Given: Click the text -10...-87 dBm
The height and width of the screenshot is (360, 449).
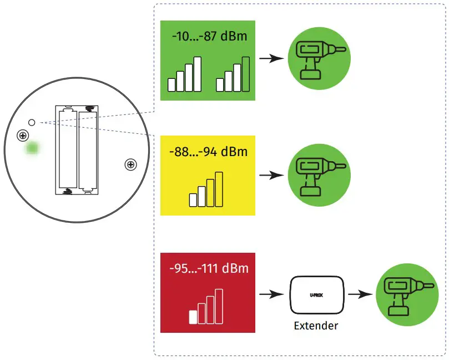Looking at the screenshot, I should pyautogui.click(x=209, y=37).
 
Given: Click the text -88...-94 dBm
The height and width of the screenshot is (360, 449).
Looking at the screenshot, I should pyautogui.click(x=208, y=151).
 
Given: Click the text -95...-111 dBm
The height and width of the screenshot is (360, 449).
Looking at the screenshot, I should pyautogui.click(x=209, y=269).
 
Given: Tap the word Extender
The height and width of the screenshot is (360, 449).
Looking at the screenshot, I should pyautogui.click(x=316, y=326).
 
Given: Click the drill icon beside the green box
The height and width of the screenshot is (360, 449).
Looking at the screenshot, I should pyautogui.click(x=319, y=61).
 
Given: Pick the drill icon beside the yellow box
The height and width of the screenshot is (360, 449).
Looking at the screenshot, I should pyautogui.click(x=319, y=175).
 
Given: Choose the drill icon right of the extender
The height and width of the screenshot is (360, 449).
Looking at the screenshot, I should pyautogui.click(x=407, y=294).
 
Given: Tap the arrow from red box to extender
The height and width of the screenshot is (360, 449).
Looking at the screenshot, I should pyautogui.click(x=270, y=294).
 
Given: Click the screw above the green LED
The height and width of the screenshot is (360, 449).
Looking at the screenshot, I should pyautogui.click(x=23, y=134).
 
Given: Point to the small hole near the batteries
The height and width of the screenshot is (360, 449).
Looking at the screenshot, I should pyautogui.click(x=32, y=122).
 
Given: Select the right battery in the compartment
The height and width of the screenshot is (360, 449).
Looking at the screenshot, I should pyautogui.click(x=88, y=150).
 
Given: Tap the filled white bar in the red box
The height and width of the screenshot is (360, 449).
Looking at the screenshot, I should pyautogui.click(x=193, y=317).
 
